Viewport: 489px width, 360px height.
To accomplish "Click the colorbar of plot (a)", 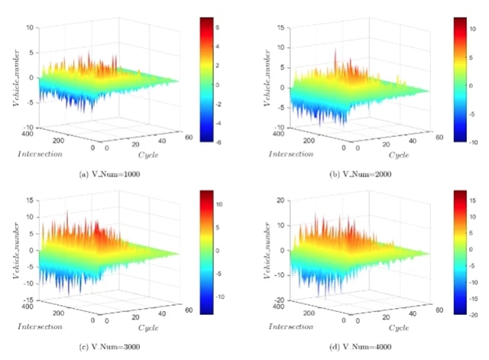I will click(x=214, y=80).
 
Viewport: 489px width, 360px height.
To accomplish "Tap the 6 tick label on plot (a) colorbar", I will click(x=231, y=27).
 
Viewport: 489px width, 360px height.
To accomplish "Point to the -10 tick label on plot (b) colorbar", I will click(x=479, y=142).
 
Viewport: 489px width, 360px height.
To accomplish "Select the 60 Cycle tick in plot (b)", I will click(x=439, y=138).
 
